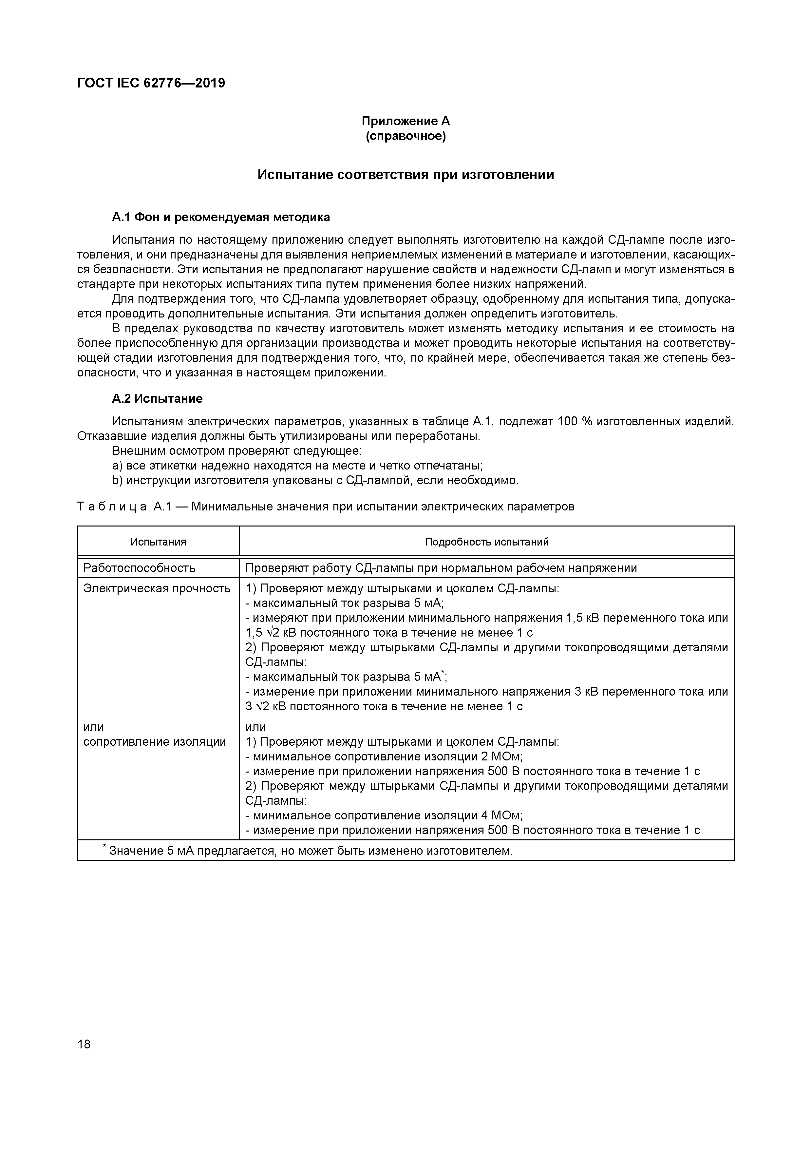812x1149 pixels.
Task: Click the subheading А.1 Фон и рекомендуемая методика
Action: point(221,217)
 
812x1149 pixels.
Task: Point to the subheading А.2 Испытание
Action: point(157,399)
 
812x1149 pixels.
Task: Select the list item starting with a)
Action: point(297,466)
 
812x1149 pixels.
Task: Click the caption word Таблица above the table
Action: point(112,507)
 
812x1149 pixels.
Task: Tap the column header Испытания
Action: point(158,542)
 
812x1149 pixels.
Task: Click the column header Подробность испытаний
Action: point(486,542)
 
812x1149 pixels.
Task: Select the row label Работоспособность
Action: point(139,568)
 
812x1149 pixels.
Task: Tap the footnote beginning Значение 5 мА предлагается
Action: point(310,851)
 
